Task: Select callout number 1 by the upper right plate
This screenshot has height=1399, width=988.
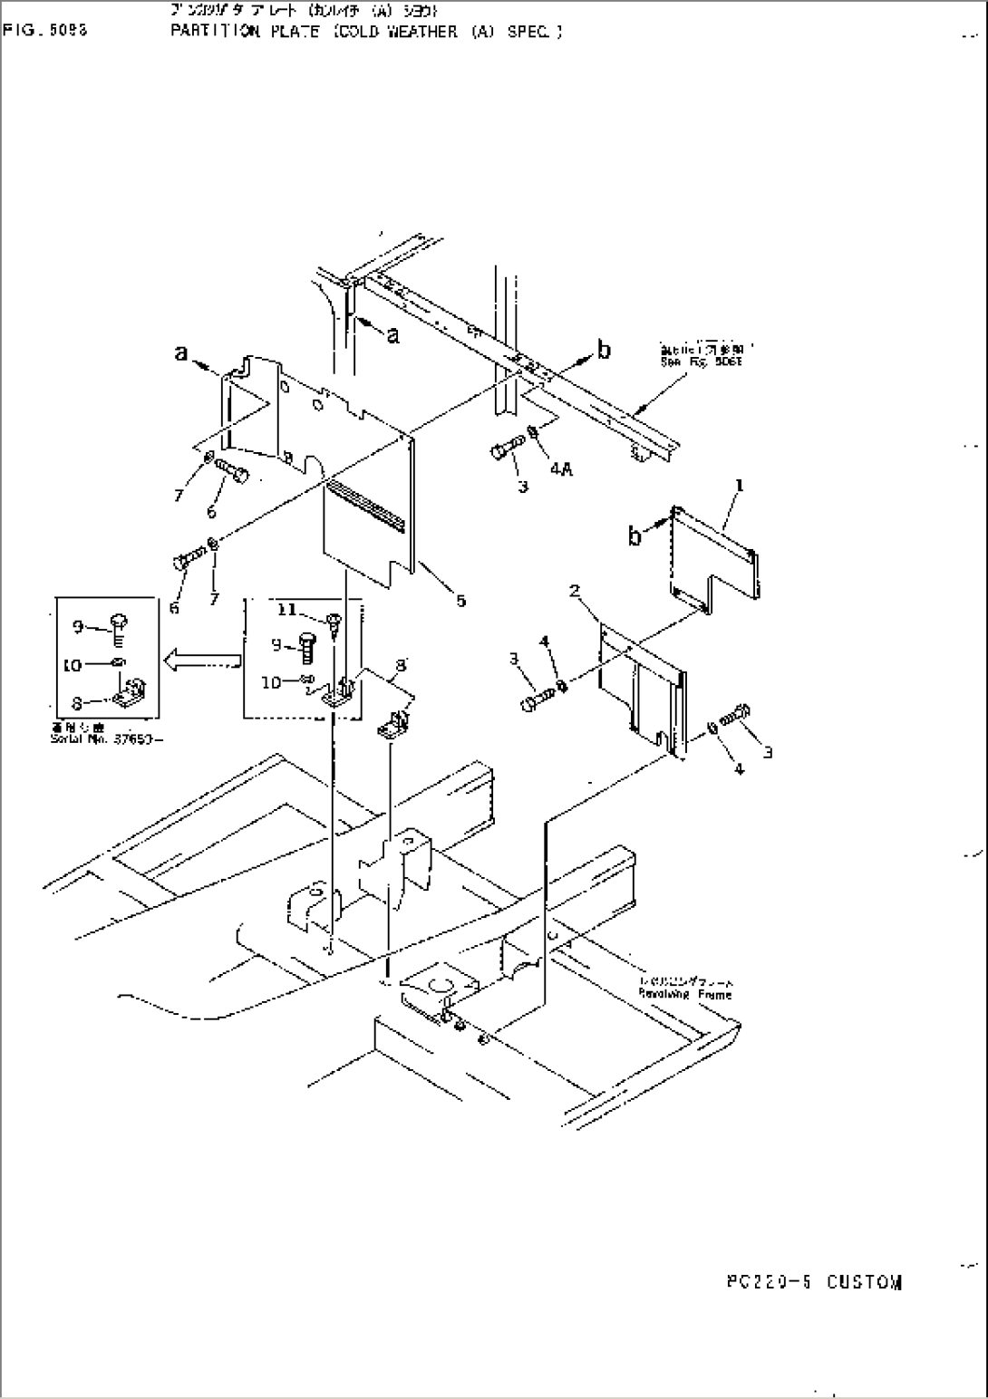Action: point(740,487)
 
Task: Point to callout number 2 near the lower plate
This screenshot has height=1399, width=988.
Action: point(574,592)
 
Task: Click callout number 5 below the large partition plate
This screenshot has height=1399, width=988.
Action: point(460,599)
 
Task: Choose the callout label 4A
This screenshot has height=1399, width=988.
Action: point(559,470)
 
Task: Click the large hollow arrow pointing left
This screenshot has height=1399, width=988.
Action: point(200,664)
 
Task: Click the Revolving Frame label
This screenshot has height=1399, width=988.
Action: point(698,994)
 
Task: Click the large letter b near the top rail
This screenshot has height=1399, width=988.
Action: point(605,349)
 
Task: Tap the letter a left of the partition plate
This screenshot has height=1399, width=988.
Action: point(181,354)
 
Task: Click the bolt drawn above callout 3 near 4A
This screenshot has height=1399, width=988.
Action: point(508,448)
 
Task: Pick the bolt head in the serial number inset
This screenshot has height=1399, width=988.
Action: point(119,624)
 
